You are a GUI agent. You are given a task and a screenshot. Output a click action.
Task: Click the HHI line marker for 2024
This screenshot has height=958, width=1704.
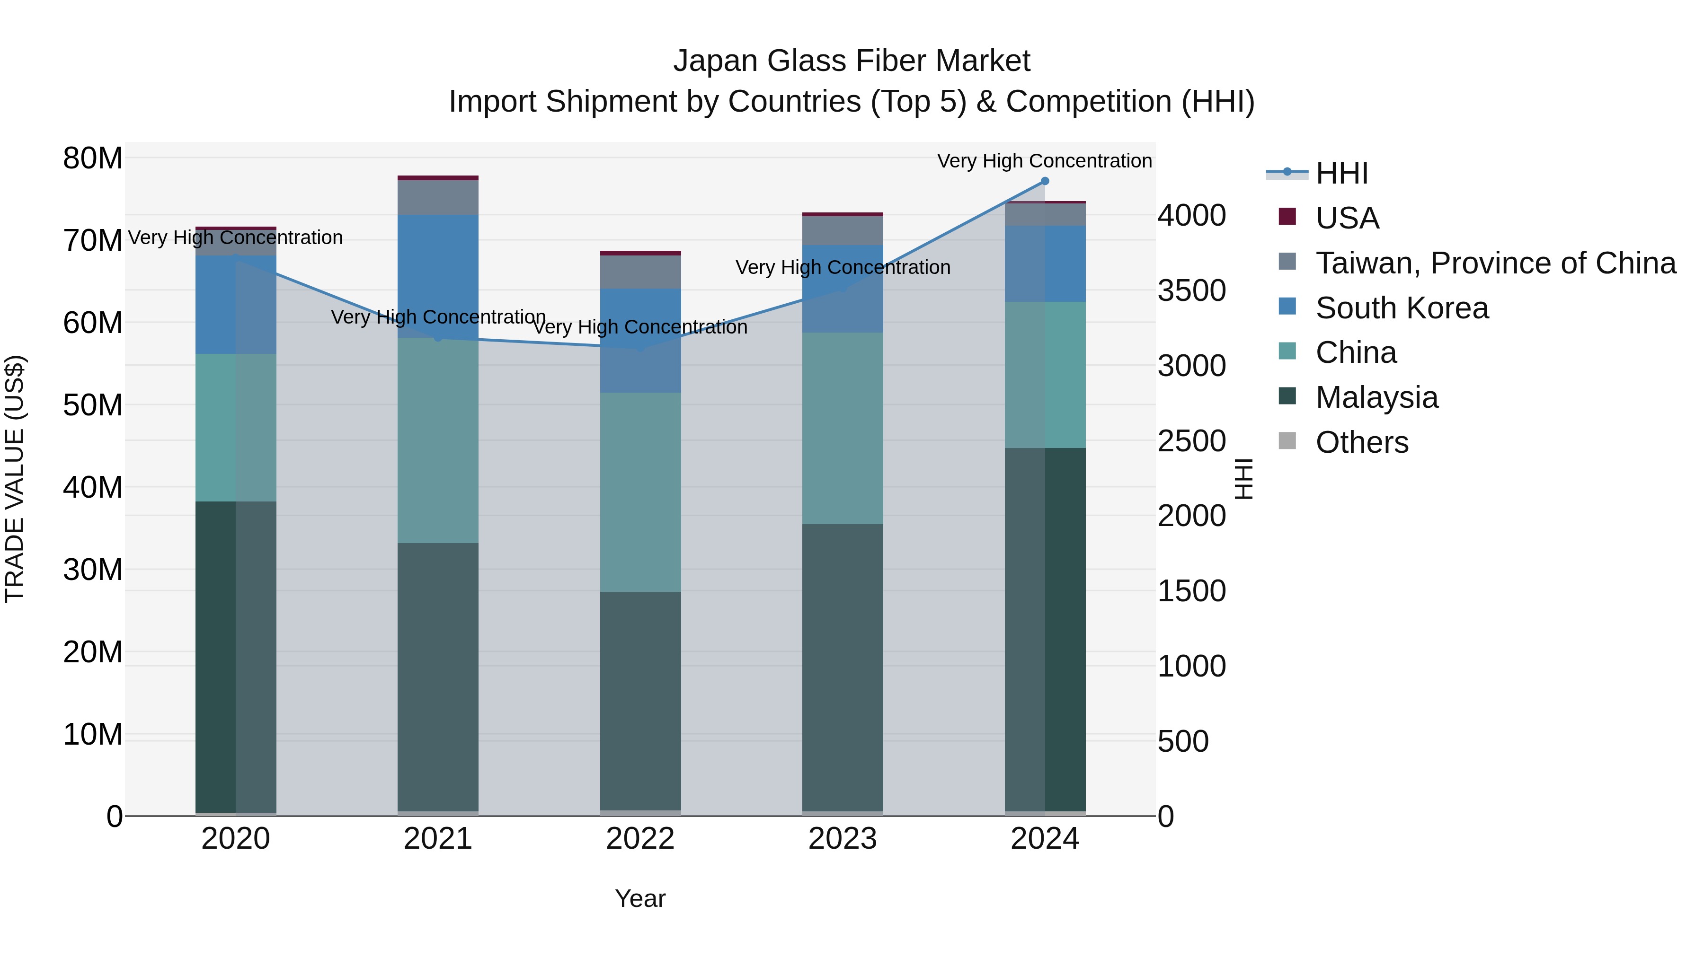tap(1045, 181)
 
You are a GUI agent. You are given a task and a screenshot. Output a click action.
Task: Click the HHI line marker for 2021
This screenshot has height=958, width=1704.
tap(437, 338)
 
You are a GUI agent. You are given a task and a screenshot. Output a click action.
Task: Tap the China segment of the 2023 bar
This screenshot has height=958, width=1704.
tap(842, 429)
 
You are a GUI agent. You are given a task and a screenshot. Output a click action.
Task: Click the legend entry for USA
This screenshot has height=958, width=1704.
tap(1346, 218)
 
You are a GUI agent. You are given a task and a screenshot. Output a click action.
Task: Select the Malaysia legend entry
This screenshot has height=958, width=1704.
tap(1376, 397)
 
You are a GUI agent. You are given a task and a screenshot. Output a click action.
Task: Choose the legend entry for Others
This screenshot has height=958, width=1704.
tap(1361, 442)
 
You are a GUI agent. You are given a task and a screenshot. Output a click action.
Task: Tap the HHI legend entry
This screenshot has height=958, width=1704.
tap(1341, 173)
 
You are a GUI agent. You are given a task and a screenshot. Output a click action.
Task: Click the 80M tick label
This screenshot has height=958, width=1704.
tap(93, 158)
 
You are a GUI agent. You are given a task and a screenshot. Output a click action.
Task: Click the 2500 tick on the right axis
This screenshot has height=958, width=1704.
tap(1191, 441)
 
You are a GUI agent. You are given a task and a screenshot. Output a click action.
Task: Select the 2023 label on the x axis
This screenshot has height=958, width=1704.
tap(842, 839)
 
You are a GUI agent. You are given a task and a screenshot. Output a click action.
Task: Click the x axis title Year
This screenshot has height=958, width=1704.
tap(639, 898)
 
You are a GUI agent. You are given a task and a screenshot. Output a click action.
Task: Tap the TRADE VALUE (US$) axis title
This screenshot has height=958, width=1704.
tap(15, 479)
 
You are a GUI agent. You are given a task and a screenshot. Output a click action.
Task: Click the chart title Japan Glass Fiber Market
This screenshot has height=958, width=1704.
tap(852, 61)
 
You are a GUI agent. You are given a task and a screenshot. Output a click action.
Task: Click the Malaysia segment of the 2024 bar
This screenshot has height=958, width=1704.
tap(1045, 628)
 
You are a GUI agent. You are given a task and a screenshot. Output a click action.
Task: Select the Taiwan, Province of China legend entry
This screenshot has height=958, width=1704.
tap(1495, 263)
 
